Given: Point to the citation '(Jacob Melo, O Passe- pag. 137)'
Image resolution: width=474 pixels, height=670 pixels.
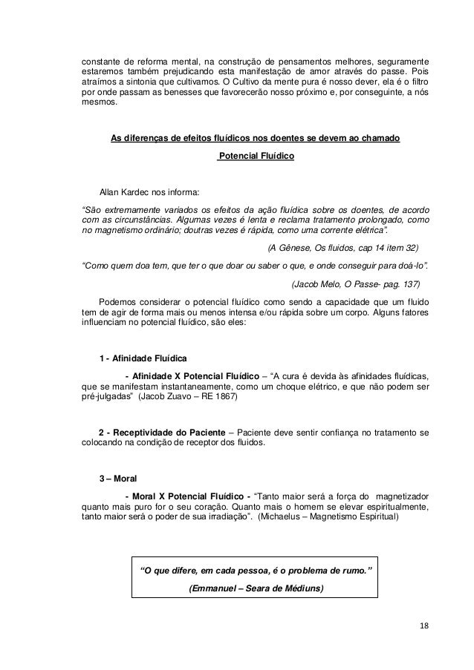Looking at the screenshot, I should click(356, 283).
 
